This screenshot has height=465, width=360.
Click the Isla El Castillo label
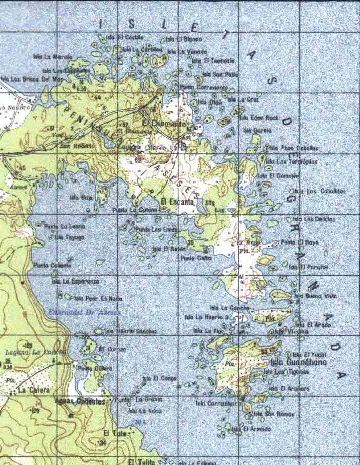(x=125, y=37)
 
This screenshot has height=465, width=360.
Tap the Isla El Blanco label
(x=184, y=39)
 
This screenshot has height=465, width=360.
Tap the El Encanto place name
(x=177, y=201)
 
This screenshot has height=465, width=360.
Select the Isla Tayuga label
(x=69, y=237)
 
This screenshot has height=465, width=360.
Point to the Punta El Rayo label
(x=300, y=242)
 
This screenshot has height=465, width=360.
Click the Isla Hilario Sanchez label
(x=131, y=331)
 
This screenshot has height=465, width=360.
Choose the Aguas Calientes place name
(x=83, y=401)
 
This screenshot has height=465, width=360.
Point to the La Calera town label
(x=29, y=390)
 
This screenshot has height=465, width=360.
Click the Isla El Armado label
(x=251, y=429)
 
